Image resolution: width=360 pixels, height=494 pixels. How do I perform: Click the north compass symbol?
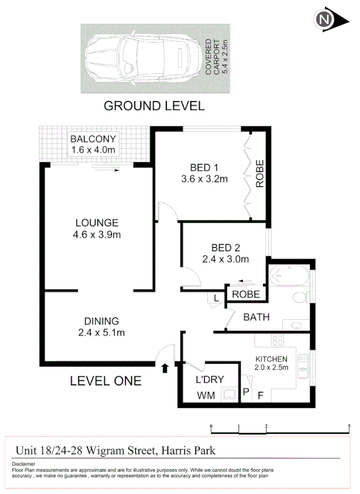pyautogui.click(x=325, y=21)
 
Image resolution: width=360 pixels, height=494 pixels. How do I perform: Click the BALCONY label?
pyautogui.click(x=93, y=139)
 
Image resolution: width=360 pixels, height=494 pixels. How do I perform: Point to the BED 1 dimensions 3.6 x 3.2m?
pyautogui.click(x=203, y=180)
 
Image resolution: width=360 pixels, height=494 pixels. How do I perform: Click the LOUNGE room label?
pyautogui.click(x=97, y=223)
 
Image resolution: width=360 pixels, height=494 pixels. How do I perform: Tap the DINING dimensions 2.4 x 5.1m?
pyautogui.click(x=101, y=332)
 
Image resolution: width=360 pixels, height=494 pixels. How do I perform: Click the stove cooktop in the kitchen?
pyautogui.click(x=278, y=341)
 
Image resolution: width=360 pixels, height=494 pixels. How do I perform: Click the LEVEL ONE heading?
pyautogui.click(x=105, y=382)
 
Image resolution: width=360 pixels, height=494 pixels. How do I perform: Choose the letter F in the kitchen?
pyautogui.click(x=261, y=396)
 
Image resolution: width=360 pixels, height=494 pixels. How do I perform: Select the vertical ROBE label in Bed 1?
pyautogui.click(x=260, y=174)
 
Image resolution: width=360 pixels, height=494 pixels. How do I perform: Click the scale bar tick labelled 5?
pyautogui.click(x=350, y=425)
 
